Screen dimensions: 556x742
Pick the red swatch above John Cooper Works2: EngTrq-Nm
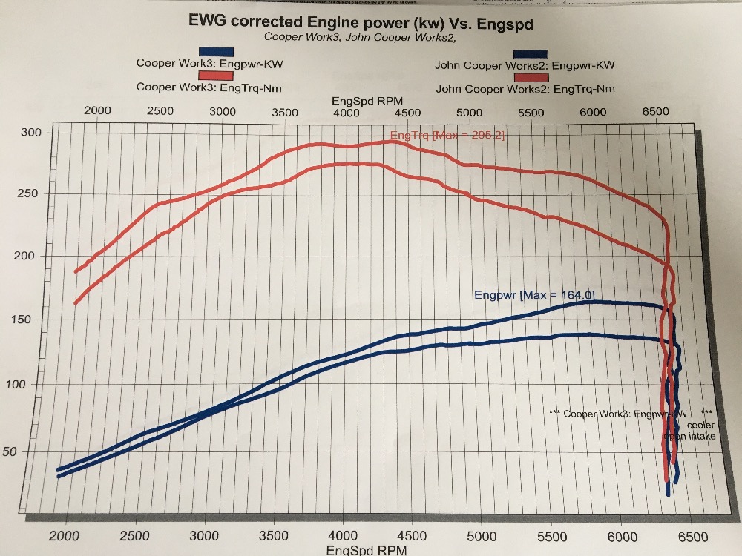point(531,77)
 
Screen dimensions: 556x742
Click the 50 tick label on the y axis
point(29,451)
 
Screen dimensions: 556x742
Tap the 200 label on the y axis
point(31,257)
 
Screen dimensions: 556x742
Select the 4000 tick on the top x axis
point(346,113)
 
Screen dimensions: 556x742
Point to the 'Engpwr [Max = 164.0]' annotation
point(533,296)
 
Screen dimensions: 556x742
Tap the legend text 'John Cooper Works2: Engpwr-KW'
point(525,65)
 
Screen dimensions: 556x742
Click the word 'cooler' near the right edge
point(700,425)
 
